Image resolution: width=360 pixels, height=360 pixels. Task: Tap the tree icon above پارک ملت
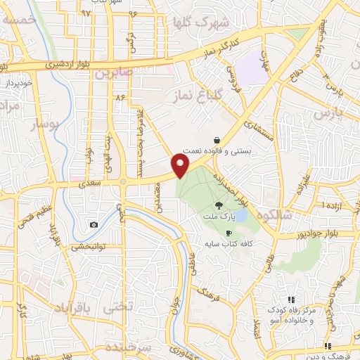pyautogui.click(x=219, y=205)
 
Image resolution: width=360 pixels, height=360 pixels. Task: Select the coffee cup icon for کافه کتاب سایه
pyautogui.click(x=228, y=233)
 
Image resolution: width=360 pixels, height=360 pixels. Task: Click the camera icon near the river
pyautogui.click(x=94, y=225)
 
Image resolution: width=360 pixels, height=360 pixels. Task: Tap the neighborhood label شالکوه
pyautogui.click(x=266, y=215)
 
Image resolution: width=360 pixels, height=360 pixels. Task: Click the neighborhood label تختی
pyautogui.click(x=117, y=307)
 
